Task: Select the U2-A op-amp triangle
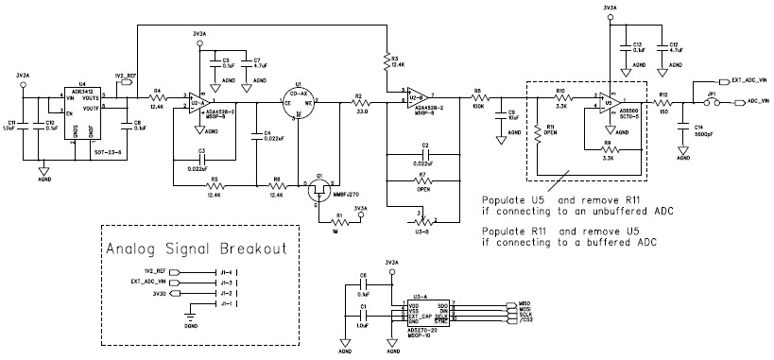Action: [199, 99]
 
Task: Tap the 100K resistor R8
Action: [478, 97]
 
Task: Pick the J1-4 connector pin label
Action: [226, 271]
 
